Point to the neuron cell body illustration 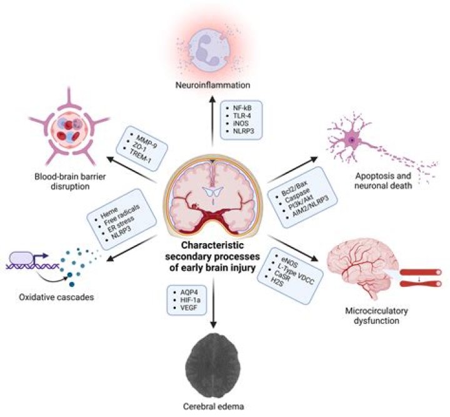[354, 141]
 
